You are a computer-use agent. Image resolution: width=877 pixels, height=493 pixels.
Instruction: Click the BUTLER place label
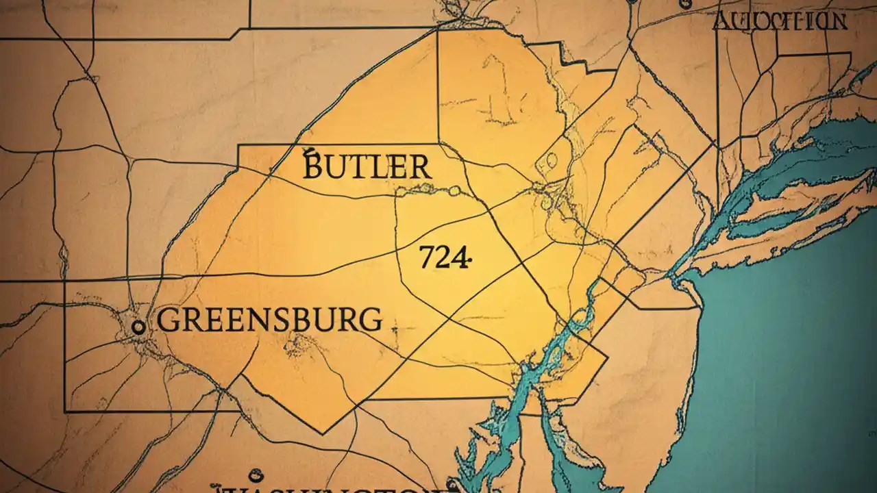pos(367,166)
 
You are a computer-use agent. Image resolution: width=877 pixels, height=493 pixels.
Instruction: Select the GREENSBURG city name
pos(269,320)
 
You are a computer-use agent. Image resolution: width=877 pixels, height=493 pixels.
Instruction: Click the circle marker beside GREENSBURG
pos(138,327)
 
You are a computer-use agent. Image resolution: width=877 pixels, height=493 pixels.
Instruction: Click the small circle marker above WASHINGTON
pos(256,473)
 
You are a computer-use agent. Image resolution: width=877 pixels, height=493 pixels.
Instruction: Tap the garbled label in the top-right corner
pos(780,21)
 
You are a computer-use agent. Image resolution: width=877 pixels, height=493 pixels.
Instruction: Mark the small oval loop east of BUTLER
pos(547,162)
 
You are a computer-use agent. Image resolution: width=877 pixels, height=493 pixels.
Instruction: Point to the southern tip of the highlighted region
pos(323,433)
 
